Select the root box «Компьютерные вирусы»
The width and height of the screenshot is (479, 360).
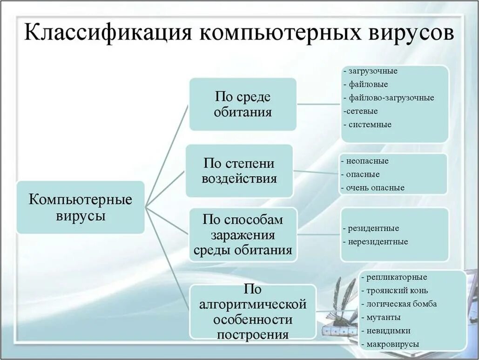point(81,207)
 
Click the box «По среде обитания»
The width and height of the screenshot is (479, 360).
point(243,104)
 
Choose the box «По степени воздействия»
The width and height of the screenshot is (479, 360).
point(239,171)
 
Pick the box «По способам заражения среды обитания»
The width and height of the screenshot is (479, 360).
point(243,235)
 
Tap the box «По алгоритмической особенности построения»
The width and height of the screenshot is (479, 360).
point(253,312)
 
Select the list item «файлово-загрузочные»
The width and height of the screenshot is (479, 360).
point(391,98)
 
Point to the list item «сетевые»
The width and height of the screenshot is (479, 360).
point(362,111)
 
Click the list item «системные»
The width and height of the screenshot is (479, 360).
point(370,124)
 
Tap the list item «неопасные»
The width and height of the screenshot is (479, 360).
point(367,161)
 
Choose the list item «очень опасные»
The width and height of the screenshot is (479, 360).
point(375,188)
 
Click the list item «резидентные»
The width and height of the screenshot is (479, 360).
point(373,229)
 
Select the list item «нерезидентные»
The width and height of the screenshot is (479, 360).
point(378,242)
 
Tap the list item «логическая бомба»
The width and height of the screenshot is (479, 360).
point(402,304)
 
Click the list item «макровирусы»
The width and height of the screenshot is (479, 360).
point(393,345)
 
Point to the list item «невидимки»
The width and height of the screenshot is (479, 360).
point(388,331)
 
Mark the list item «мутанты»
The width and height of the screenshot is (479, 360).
point(384,318)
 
